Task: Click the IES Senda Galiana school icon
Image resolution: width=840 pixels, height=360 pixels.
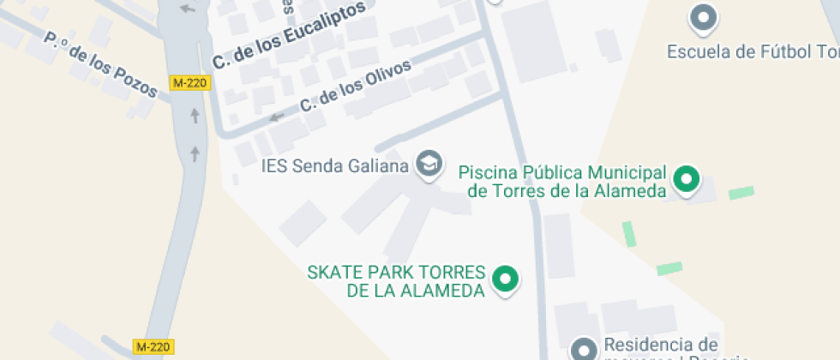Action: pyautogui.click(x=429, y=163)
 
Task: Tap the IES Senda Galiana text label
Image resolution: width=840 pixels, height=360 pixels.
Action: pyautogui.click(x=335, y=165)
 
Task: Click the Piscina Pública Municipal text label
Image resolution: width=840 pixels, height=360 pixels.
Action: pyautogui.click(x=562, y=181)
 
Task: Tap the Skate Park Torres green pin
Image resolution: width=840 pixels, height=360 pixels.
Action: pyautogui.click(x=506, y=279)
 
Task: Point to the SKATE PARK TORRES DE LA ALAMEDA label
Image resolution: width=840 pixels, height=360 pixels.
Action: pyautogui.click(x=397, y=282)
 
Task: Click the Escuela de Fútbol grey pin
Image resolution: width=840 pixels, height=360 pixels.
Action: pyautogui.click(x=704, y=16)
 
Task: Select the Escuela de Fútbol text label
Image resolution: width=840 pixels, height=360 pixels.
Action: pyautogui.click(x=753, y=52)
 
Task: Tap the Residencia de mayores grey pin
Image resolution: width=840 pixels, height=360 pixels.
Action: pyautogui.click(x=585, y=349)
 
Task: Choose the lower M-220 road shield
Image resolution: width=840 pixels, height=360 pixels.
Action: pyautogui.click(x=154, y=346)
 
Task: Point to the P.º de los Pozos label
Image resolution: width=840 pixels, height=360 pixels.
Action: pyautogui.click(x=100, y=64)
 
